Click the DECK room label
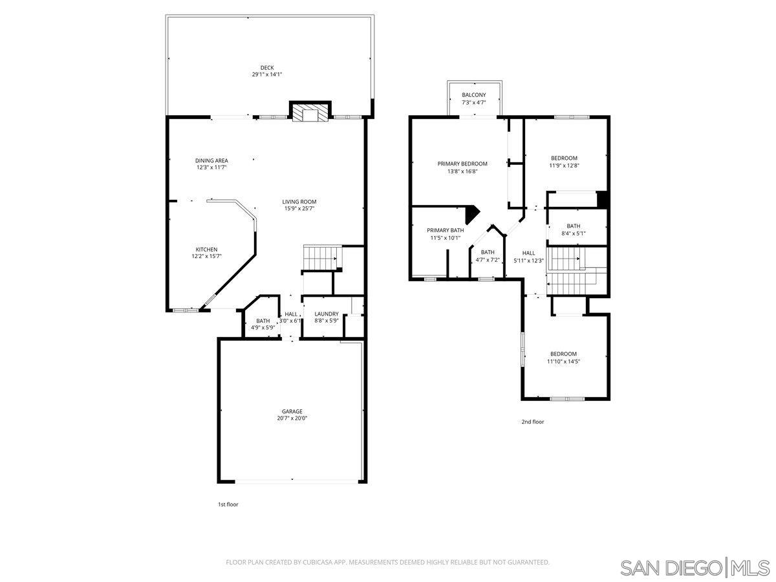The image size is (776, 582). [x=267, y=67]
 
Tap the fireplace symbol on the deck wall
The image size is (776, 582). [x=310, y=114]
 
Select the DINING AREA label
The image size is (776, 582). [x=211, y=160]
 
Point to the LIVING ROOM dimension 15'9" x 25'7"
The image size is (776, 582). [x=299, y=208]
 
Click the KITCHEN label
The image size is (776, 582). [x=206, y=250]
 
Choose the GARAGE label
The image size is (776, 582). [x=292, y=411]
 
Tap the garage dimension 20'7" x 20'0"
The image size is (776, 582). [x=292, y=418]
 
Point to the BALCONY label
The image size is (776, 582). [x=474, y=95]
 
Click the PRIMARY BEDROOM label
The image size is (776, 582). [x=462, y=164]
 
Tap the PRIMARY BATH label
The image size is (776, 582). [x=445, y=230]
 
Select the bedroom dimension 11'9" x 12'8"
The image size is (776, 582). [x=564, y=165]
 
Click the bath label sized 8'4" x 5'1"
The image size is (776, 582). [x=573, y=226]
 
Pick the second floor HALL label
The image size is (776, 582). [x=528, y=253]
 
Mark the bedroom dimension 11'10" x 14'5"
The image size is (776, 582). [x=563, y=361]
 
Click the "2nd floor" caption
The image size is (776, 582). [x=533, y=422]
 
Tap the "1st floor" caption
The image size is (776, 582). [x=228, y=504]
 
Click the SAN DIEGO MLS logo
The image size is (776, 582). [x=695, y=568]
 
